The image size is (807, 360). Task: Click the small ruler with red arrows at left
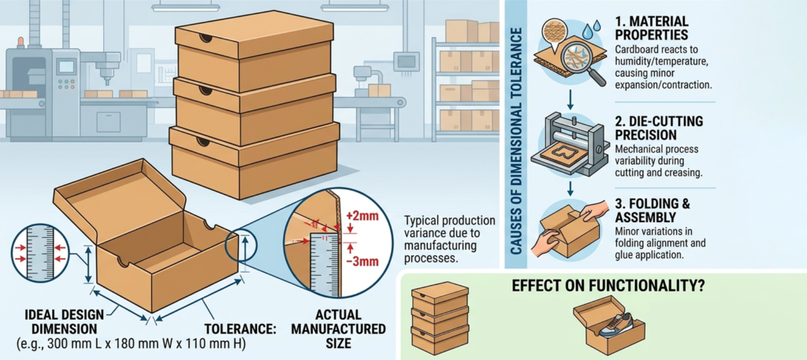[39, 253]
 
